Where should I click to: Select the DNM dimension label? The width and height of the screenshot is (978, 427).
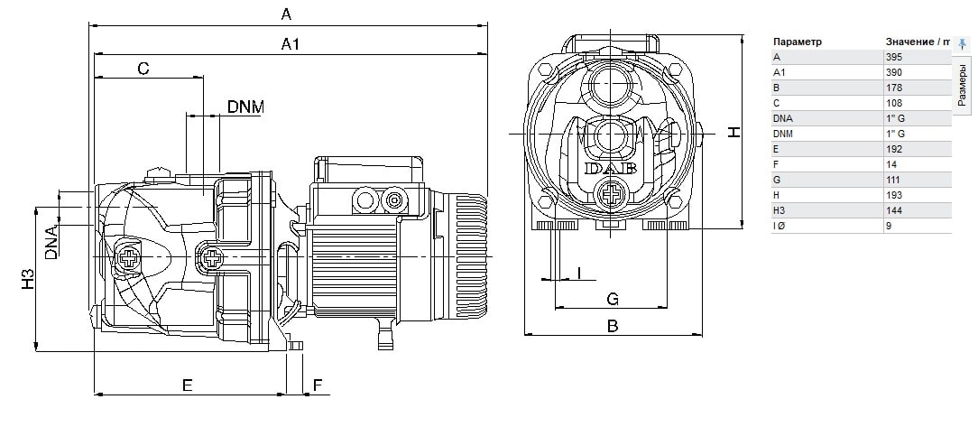coord(245,107)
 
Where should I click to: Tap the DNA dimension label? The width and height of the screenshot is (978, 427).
coord(51,242)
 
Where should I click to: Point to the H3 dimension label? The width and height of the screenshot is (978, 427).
coord(27,279)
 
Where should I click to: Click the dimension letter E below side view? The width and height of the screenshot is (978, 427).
coord(188,385)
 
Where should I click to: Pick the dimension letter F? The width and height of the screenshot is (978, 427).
coord(317,385)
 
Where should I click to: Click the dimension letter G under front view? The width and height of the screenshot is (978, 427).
coord(611,298)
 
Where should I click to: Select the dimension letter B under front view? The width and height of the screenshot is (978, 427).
coord(612,326)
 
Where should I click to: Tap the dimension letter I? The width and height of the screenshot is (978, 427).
coord(579,272)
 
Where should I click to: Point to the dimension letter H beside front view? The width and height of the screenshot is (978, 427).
coord(734,132)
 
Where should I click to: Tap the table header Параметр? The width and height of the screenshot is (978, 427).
coord(798,42)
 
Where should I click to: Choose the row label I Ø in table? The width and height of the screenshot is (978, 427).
coord(781,226)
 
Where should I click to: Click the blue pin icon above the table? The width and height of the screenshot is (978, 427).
coord(962,42)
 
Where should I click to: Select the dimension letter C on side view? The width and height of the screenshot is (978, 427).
coord(143,69)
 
